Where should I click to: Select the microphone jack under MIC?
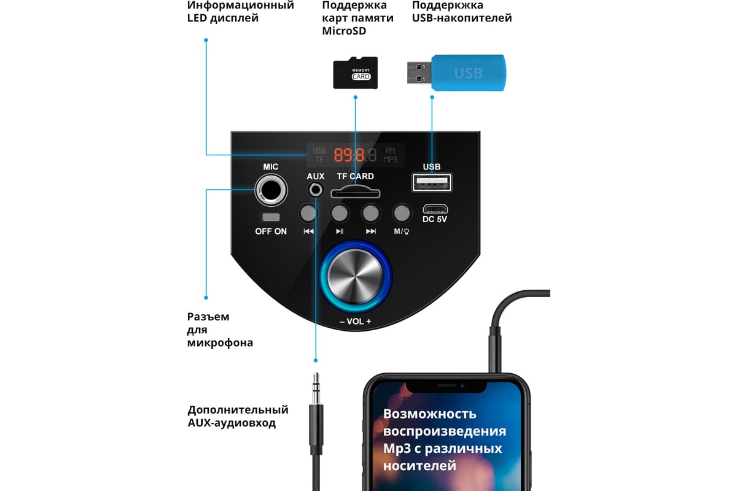tap(271, 190)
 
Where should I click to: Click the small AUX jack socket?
tap(316, 190)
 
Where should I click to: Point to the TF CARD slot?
tap(355, 193)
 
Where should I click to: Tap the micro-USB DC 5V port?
tap(435, 209)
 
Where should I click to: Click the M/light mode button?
tap(402, 213)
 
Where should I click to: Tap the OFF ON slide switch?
tap(270, 217)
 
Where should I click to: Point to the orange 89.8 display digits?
tap(351, 155)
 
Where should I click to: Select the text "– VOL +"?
tap(356, 322)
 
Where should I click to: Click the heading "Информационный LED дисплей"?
tap(240, 12)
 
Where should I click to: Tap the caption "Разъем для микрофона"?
tap(220, 330)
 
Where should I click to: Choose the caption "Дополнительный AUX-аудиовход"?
tap(238, 416)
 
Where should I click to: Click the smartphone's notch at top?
tap(446, 386)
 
